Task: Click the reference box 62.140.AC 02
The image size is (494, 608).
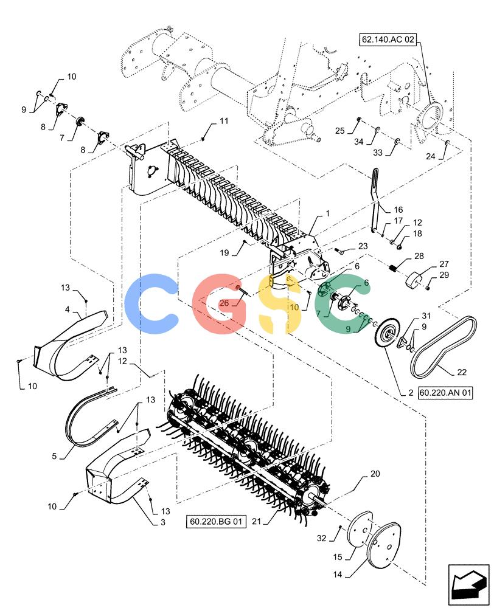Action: (388, 39)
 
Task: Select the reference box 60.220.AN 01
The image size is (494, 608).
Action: (445, 393)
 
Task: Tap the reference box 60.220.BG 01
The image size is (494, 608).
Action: (216, 522)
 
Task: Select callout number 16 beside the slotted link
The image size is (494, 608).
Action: (398, 210)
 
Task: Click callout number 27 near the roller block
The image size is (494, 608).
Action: (444, 264)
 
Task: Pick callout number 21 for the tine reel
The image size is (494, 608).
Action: (257, 522)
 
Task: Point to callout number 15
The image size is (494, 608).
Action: (338, 557)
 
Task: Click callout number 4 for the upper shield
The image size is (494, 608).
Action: (68, 309)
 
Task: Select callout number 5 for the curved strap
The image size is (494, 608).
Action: (54, 456)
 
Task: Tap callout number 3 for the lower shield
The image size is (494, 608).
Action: (163, 522)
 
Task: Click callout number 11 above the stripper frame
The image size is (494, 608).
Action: (224, 121)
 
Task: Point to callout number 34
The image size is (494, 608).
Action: (358, 142)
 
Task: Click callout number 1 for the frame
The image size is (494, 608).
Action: (327, 213)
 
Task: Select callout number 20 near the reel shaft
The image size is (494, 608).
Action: (375, 474)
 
